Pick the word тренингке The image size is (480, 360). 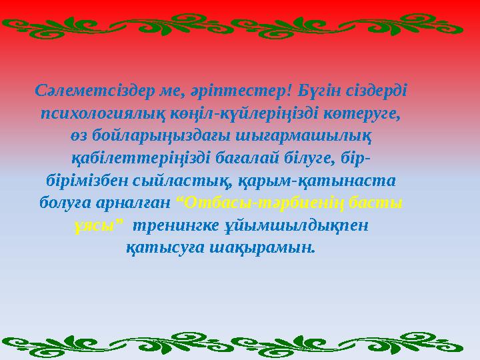[x=173, y=226]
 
